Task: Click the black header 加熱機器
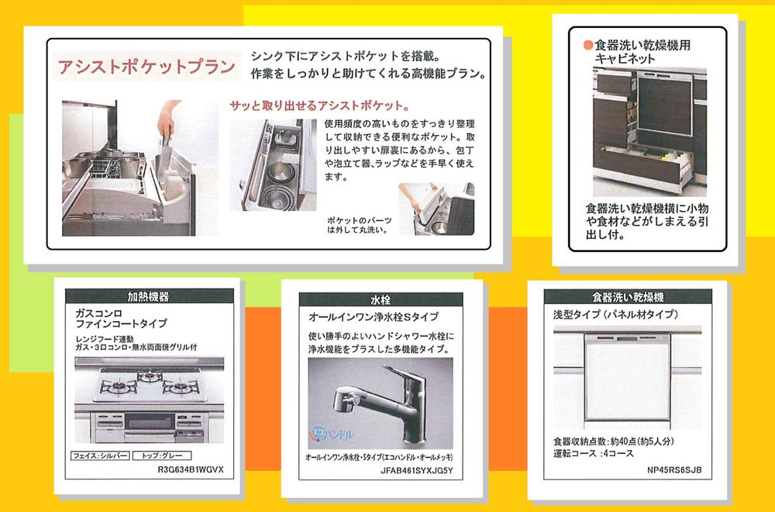(149, 296)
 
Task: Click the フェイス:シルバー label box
(99, 455)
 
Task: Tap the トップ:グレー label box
(162, 455)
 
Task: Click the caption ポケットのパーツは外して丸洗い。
(359, 225)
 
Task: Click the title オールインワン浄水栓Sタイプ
(374, 317)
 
